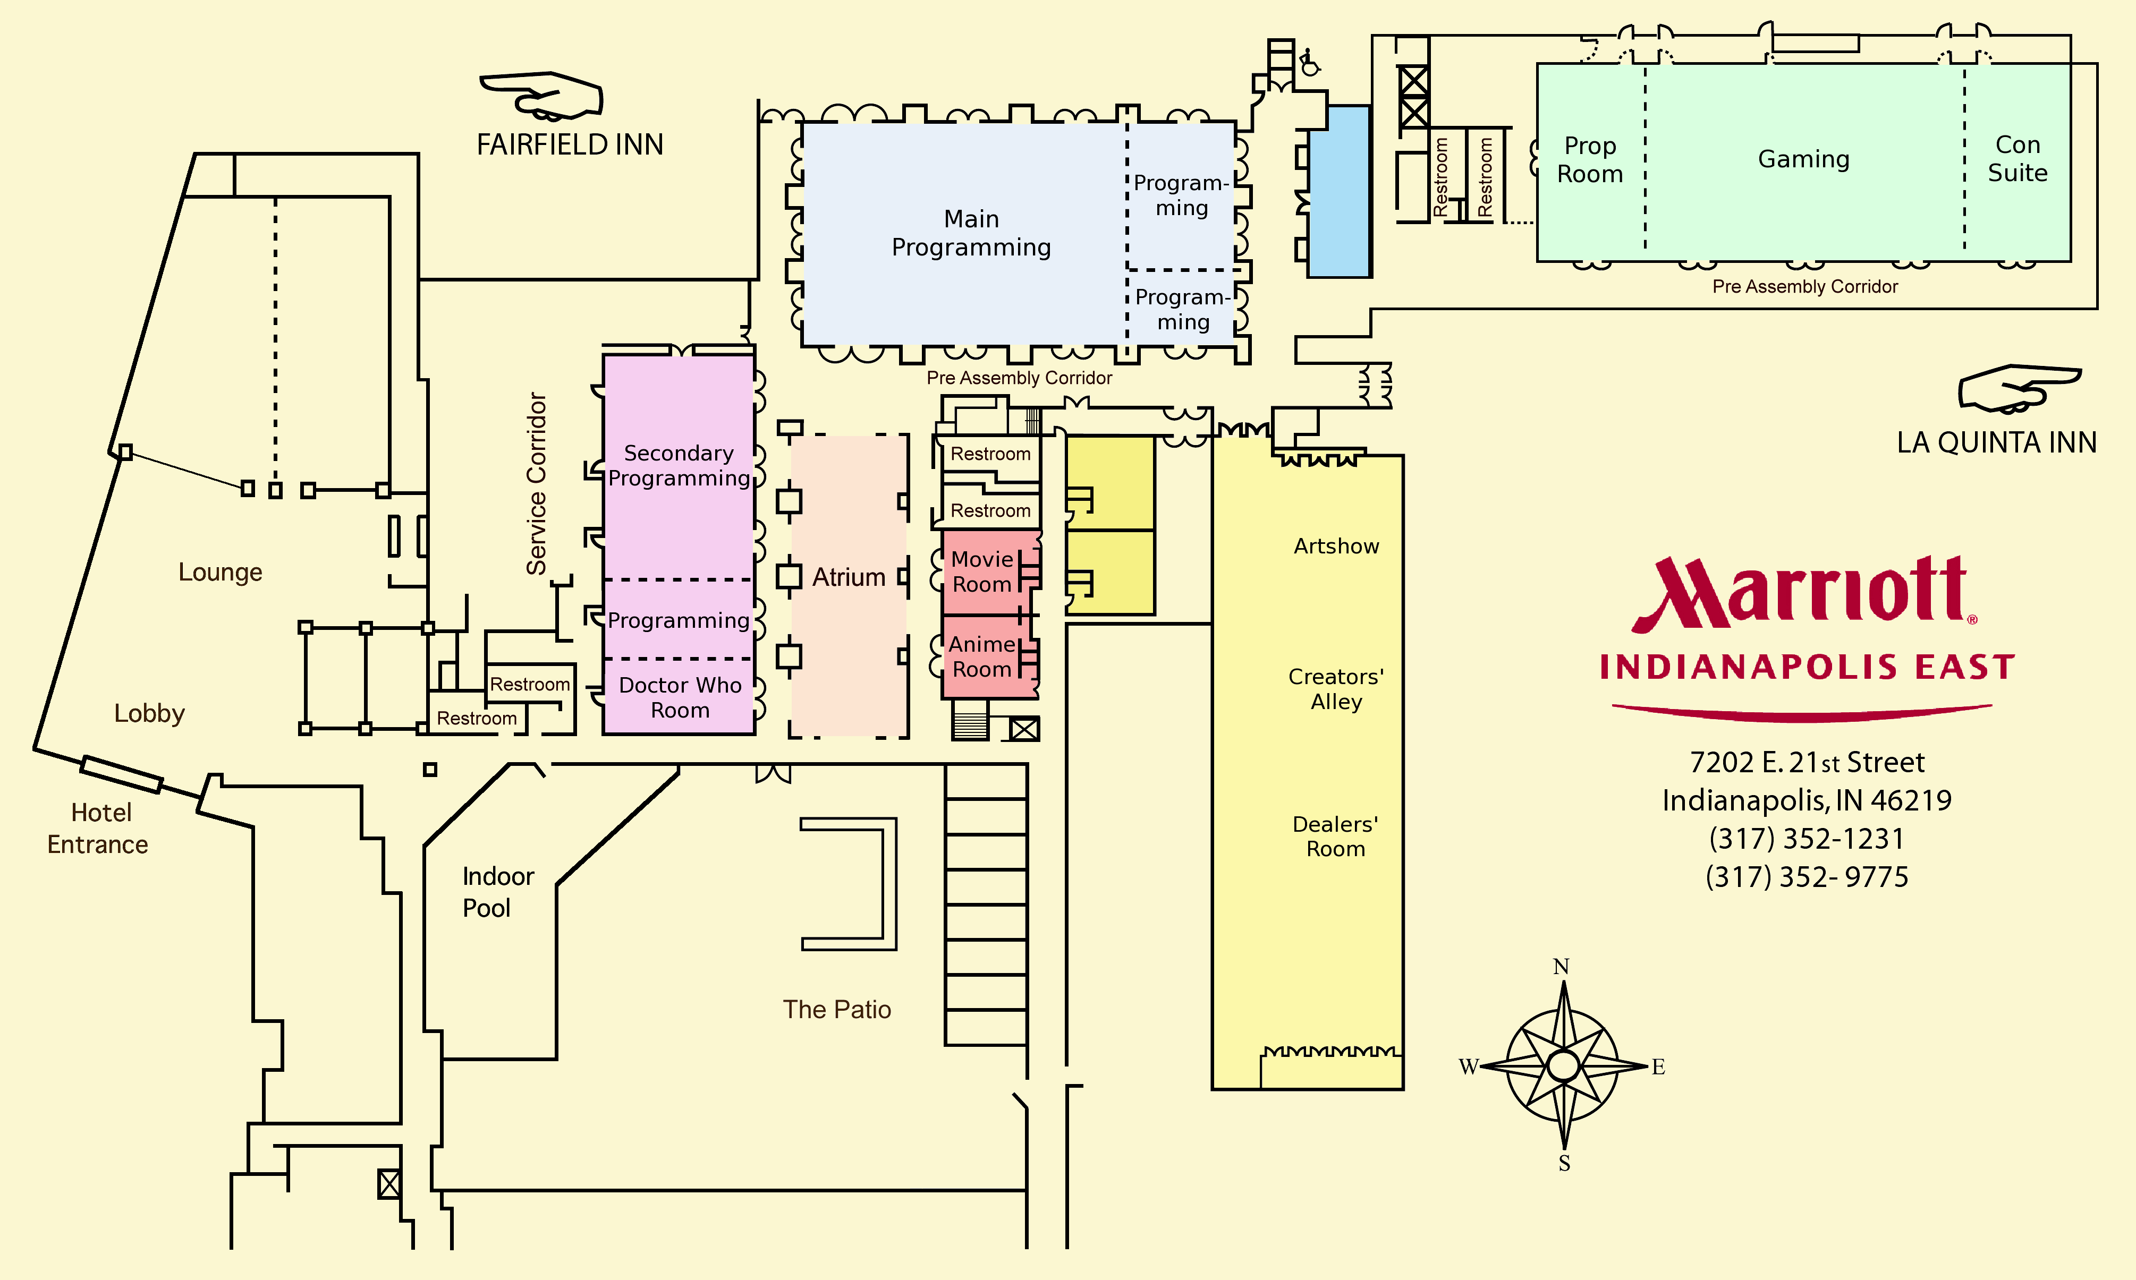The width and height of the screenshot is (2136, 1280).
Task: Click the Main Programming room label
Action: click(x=971, y=233)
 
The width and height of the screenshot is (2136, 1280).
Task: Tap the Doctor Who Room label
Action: click(x=680, y=698)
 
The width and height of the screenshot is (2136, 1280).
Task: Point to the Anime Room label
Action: click(x=982, y=656)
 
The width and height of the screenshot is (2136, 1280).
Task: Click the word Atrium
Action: click(x=849, y=577)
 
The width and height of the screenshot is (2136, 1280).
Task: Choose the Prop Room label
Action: click(x=1590, y=159)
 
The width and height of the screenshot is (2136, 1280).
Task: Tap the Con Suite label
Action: click(x=2018, y=159)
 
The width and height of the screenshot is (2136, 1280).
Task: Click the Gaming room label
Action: click(x=1804, y=159)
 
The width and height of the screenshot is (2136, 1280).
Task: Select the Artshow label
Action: click(x=1336, y=546)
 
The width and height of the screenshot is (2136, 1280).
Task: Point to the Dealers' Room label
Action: click(x=1335, y=837)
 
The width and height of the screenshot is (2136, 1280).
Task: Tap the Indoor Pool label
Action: click(x=498, y=892)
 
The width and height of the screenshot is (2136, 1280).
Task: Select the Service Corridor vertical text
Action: click(x=537, y=484)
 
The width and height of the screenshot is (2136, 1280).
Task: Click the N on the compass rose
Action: click(x=1562, y=967)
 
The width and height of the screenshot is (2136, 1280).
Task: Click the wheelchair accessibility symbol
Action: click(x=1310, y=62)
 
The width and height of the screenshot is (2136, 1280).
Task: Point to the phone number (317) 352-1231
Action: click(x=1807, y=839)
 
